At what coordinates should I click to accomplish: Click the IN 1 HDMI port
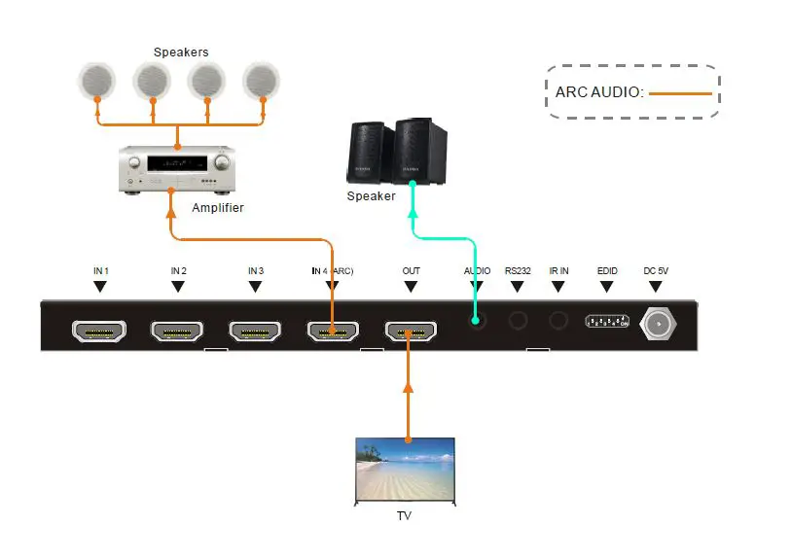98,331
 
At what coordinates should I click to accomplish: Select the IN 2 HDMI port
177,331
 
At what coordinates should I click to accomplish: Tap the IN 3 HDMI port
255,331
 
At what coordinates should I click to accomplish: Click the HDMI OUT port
411,332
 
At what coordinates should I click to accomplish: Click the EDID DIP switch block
607,322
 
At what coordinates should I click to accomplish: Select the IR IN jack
557,320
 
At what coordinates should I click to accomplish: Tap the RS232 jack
517,320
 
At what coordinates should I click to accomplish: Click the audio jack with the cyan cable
476,320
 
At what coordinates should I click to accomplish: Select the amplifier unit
177,169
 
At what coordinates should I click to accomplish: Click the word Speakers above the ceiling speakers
181,52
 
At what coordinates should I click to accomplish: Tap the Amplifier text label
218,208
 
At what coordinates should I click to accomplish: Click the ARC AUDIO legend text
599,92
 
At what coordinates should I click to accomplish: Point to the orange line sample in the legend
681,93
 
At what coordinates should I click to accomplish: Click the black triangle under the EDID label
607,287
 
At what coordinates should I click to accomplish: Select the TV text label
404,515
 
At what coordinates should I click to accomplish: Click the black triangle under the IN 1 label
98,287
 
